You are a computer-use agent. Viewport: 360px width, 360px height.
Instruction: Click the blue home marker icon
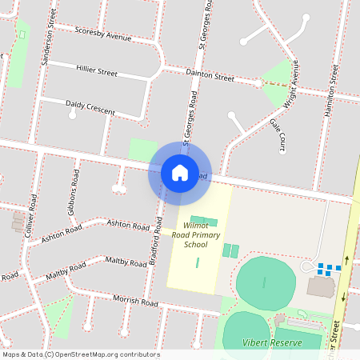[x=179, y=173]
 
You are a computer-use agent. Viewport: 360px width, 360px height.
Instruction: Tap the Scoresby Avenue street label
[x=102, y=36]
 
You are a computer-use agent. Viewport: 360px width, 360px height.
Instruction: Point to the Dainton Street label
[x=210, y=78]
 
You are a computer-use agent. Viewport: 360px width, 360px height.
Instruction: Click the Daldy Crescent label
[x=90, y=105]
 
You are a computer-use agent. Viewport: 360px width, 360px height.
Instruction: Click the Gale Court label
[x=277, y=136]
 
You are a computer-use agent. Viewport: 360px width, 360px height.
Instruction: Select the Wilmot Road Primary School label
[x=195, y=235]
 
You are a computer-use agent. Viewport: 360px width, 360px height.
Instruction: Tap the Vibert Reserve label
[x=272, y=342]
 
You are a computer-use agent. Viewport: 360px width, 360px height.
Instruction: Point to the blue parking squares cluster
[x=329, y=268]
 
